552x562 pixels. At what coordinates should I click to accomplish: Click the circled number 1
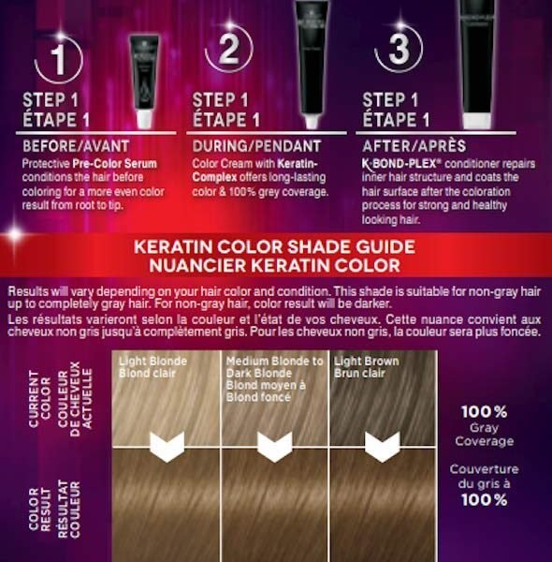(x=58, y=60)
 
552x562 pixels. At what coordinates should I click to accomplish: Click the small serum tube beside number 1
(x=144, y=81)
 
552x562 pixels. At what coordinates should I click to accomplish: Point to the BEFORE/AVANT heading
(x=76, y=146)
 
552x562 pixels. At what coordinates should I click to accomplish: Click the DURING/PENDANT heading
(x=256, y=146)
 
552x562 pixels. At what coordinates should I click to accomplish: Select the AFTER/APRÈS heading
(x=414, y=146)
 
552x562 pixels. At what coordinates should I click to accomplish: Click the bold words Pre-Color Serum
(x=114, y=164)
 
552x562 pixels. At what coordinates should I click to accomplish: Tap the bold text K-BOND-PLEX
(x=399, y=164)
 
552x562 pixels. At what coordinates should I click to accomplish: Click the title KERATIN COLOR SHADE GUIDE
(x=274, y=247)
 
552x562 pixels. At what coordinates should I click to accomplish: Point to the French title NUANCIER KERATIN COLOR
(x=274, y=265)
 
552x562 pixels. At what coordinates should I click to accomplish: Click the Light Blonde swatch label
(x=153, y=367)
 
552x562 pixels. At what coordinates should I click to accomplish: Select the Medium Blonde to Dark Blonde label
(x=274, y=378)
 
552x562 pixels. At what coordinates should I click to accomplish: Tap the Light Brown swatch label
(x=366, y=367)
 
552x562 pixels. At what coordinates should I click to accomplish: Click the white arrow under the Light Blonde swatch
(x=167, y=447)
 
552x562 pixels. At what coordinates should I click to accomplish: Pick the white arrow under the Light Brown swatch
(x=382, y=447)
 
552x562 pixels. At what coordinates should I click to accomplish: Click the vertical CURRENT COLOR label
(x=39, y=399)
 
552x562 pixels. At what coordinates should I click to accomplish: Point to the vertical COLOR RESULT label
(x=39, y=509)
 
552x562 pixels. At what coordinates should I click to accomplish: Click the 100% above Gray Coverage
(x=484, y=412)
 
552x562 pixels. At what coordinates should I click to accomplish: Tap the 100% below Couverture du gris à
(x=484, y=499)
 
